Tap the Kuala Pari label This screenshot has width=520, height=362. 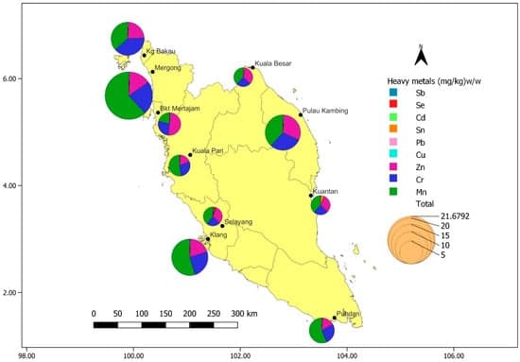click(208, 150)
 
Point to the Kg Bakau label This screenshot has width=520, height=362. click(160, 49)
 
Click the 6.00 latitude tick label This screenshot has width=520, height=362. click(15, 79)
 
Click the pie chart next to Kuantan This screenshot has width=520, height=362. click(321, 205)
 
